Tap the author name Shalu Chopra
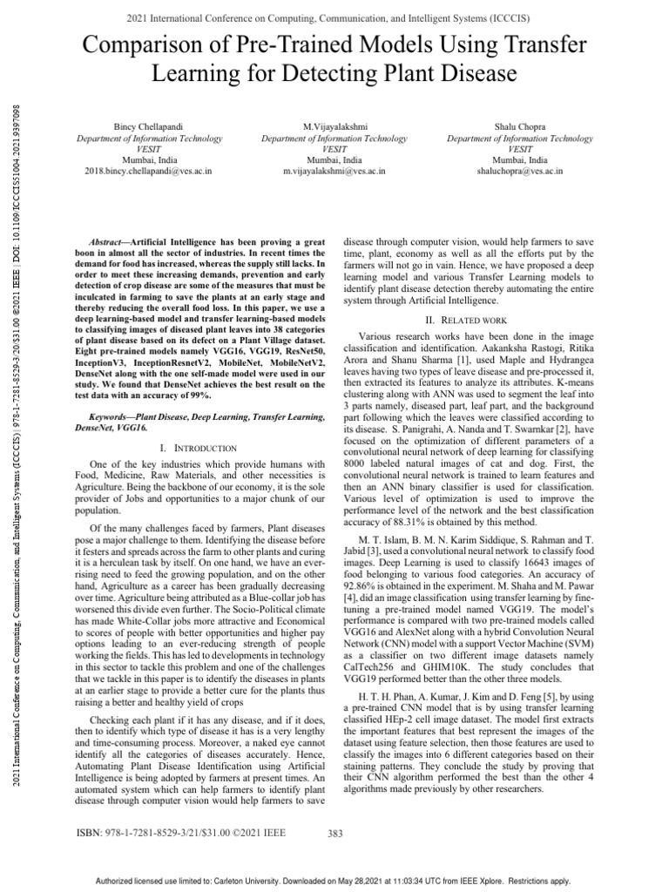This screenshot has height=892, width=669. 520,127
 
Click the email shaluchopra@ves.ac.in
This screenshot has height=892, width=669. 520,172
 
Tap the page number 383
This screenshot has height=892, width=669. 334,834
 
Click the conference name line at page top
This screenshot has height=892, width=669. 334,17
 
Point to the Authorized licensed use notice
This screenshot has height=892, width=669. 334,881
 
